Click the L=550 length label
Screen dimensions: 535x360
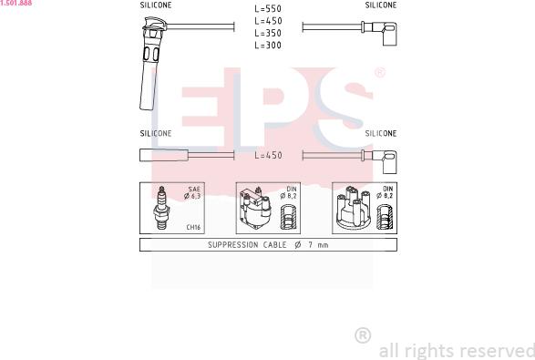tap(268, 8)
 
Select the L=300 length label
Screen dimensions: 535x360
tap(268, 45)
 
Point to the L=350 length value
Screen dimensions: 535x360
tap(268, 33)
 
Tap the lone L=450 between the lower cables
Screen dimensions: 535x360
tap(269, 155)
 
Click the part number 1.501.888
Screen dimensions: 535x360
tap(16, 3)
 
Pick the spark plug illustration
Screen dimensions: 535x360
tap(161, 208)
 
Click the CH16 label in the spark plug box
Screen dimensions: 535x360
tap(193, 227)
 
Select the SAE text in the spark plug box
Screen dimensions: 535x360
tap(194, 189)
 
